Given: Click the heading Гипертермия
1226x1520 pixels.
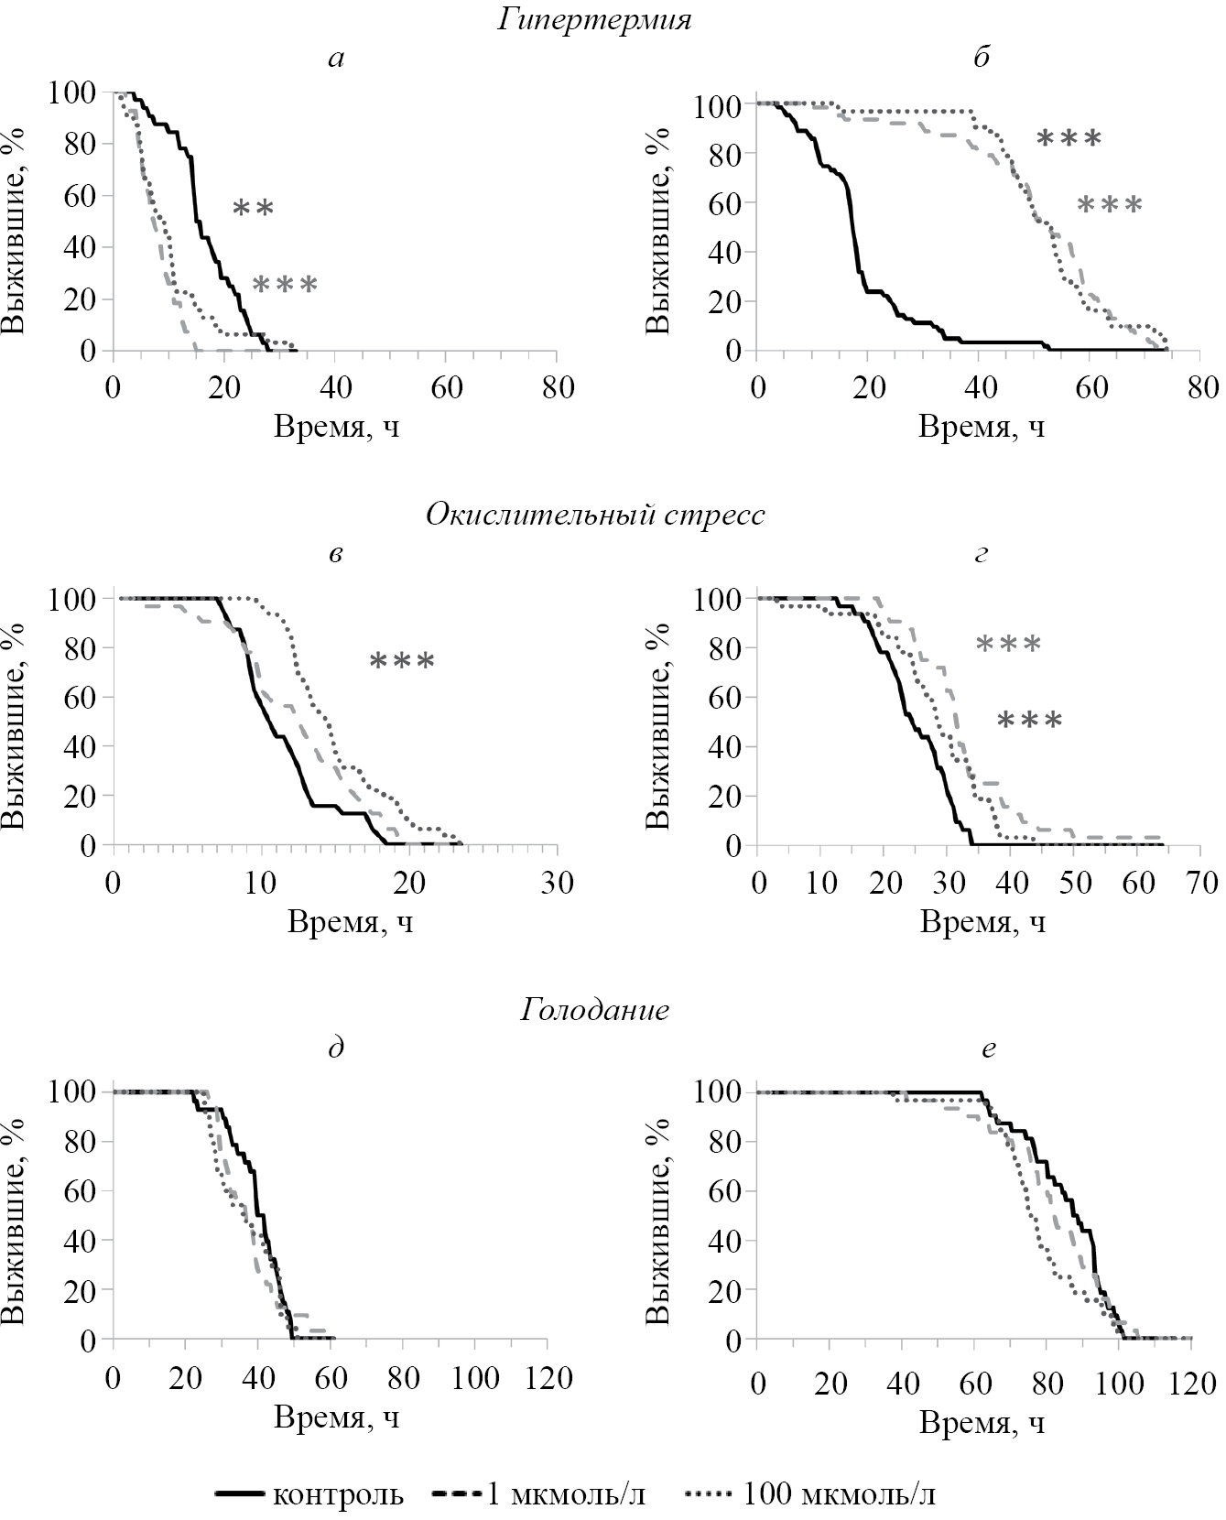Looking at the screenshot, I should pyautogui.click(x=594, y=20).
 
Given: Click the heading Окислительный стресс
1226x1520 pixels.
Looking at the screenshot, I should pyautogui.click(x=595, y=515).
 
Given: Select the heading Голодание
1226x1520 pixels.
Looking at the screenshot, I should pyautogui.click(x=595, y=1010).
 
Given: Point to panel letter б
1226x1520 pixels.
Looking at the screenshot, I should pyautogui.click(x=981, y=58).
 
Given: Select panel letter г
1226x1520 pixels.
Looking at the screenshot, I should pyautogui.click(x=981, y=554).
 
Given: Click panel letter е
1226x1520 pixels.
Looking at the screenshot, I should pyautogui.click(x=987, y=1049).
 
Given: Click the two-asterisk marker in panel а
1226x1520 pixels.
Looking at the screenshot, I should pyautogui.click(x=253, y=209).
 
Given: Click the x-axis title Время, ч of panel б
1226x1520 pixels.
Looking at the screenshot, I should pyautogui.click(x=982, y=428).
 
